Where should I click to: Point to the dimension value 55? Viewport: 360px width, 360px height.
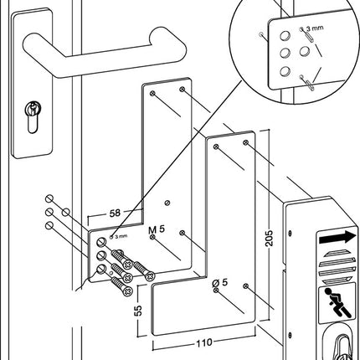pyautogui.click(x=139, y=311)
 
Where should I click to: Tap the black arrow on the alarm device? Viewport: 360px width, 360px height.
pyautogui.click(x=337, y=239)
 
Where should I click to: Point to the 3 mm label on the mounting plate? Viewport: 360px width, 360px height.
pyautogui.click(x=120, y=236)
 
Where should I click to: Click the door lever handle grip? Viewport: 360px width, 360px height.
pyautogui.click(x=109, y=40)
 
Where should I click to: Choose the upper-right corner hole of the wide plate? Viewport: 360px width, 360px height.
pyautogui.click(x=245, y=145)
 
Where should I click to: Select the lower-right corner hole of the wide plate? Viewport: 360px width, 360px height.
pyautogui.click(x=245, y=286)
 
